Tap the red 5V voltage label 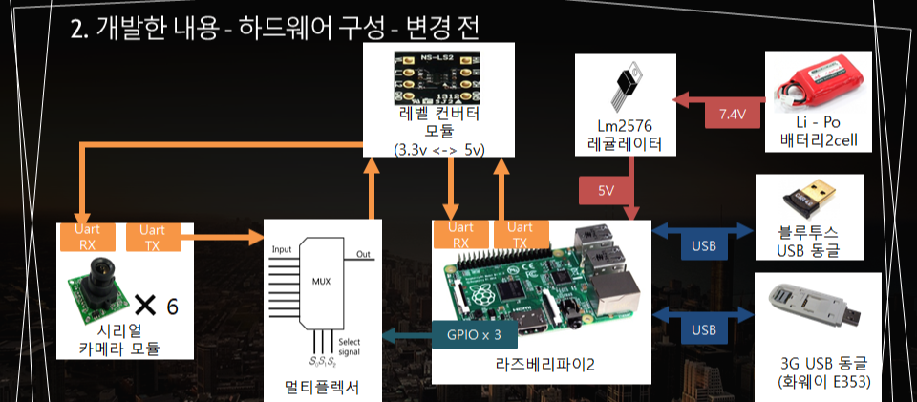click(x=606, y=190)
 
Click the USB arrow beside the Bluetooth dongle click(x=703, y=247)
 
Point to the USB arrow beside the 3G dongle click(x=703, y=329)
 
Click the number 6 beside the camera click(x=172, y=307)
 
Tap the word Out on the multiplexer click(x=363, y=254)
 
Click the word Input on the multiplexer click(x=281, y=249)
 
